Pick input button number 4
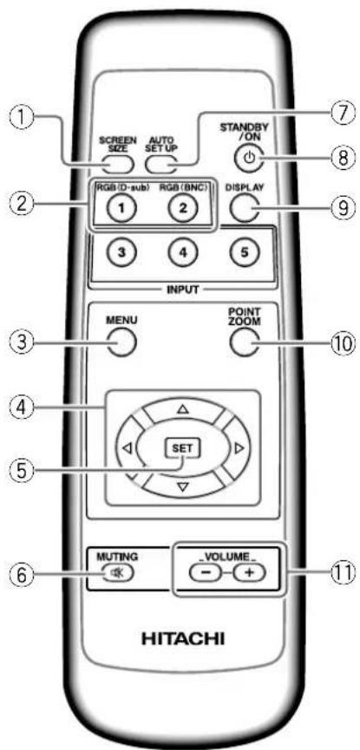pyautogui.click(x=183, y=252)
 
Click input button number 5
pyautogui.click(x=244, y=252)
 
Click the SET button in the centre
pyautogui.click(x=184, y=449)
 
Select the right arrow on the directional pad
pyautogui.click(x=239, y=448)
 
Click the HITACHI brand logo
pyautogui.click(x=182, y=638)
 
